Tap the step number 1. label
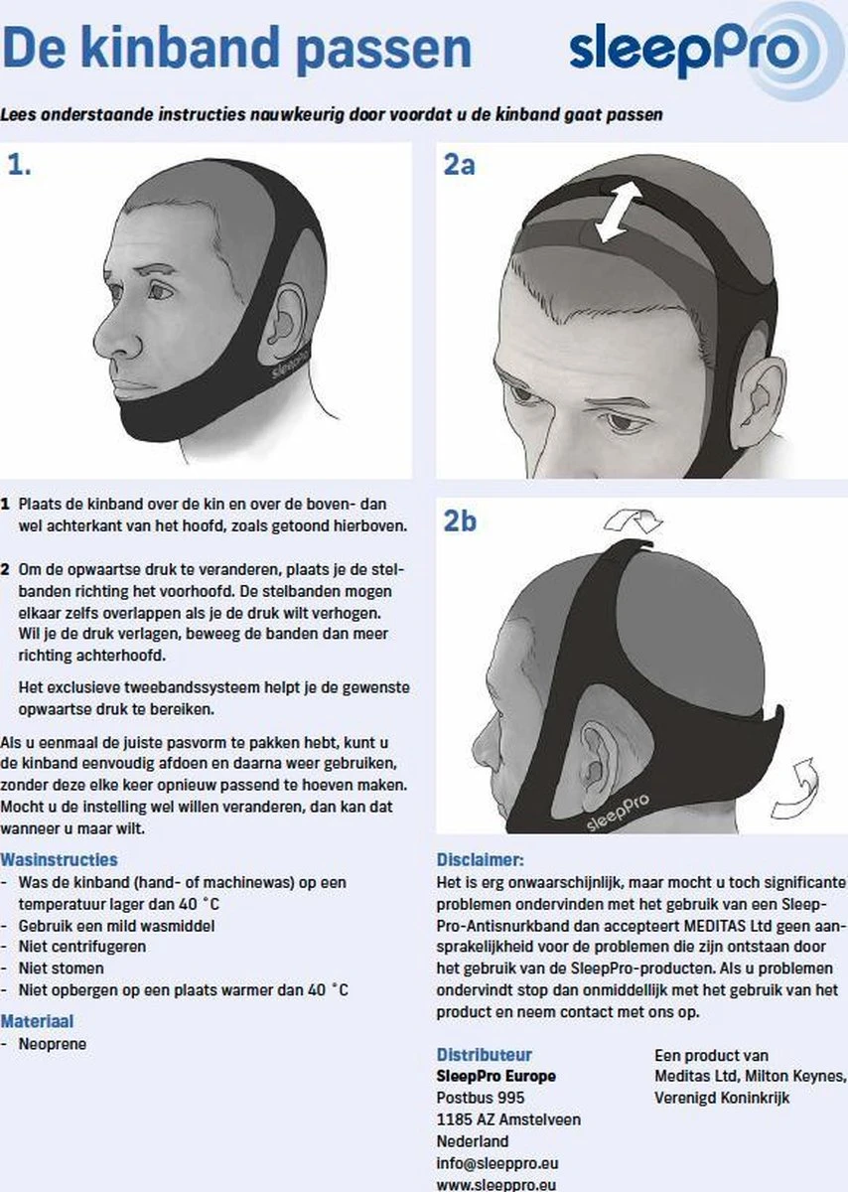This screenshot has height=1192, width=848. (x=19, y=165)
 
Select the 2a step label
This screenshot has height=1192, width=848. (x=459, y=165)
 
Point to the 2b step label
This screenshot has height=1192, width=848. (x=460, y=521)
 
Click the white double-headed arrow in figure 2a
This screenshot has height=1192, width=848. (x=617, y=212)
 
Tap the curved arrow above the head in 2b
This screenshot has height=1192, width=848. (x=633, y=520)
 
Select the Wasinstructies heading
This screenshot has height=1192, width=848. (x=59, y=859)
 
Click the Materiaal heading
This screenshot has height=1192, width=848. (x=37, y=1021)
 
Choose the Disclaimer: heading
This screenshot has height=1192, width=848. (x=481, y=859)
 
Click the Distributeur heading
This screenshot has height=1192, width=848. (x=485, y=1054)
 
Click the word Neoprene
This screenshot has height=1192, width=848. (x=53, y=1044)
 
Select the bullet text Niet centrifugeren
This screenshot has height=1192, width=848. (x=82, y=947)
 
